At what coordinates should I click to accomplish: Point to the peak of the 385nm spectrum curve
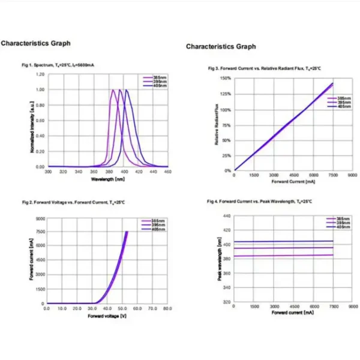[x=113, y=90]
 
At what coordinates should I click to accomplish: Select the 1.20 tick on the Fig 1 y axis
[x=40, y=74]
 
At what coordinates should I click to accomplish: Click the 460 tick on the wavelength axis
[x=167, y=172]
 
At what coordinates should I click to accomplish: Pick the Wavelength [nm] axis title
[x=108, y=179]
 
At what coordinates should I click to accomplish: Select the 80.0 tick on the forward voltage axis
[x=167, y=308]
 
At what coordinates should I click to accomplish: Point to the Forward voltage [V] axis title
[x=107, y=316]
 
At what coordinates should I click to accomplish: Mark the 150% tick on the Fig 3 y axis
[x=226, y=79]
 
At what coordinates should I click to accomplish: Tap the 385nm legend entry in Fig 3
[x=341, y=98]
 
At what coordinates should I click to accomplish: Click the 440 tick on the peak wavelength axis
[x=226, y=215]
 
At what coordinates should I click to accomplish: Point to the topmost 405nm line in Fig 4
[x=282, y=242]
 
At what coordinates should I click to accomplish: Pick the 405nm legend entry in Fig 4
[x=341, y=227]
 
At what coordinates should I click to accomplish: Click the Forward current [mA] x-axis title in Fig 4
[x=293, y=313]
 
